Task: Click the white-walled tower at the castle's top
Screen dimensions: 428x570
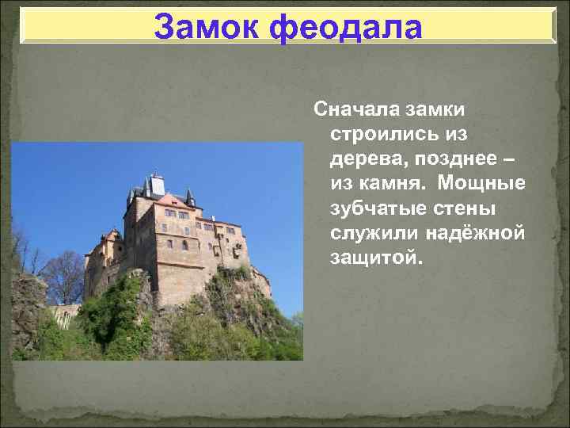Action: pos(156,186)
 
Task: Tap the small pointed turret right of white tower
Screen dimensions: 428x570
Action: pos(190,197)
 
